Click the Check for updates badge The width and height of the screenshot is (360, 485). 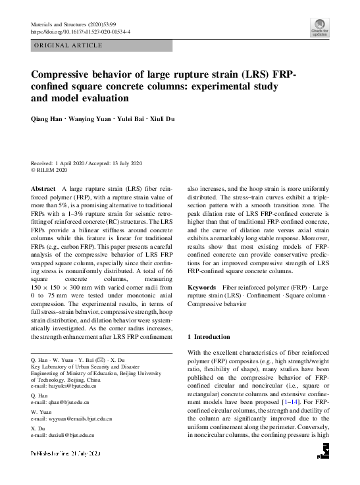[x=319, y=28]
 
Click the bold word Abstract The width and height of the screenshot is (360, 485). [x=43, y=188]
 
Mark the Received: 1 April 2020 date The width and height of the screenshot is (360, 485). [x=57, y=163]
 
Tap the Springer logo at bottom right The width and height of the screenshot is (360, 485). [x=322, y=450]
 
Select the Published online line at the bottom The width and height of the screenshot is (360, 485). [x=64, y=453]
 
